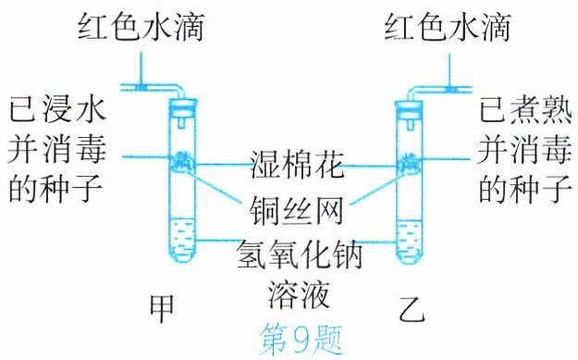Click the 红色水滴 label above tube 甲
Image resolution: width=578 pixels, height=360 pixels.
141,27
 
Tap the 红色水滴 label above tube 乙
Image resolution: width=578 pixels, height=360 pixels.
447,27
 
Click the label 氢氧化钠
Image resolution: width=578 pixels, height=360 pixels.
299,254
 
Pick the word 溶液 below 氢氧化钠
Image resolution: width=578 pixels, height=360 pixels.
298,294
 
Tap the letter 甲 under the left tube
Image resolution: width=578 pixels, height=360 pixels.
162,308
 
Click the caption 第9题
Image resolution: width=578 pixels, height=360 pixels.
301,340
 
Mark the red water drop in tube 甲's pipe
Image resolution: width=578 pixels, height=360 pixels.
141,87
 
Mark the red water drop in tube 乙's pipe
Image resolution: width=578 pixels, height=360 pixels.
449,89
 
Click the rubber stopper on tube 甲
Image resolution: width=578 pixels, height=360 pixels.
182,106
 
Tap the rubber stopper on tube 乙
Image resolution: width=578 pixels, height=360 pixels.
409,107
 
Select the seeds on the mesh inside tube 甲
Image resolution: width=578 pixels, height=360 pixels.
182,160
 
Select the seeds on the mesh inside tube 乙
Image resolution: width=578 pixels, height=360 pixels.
410,162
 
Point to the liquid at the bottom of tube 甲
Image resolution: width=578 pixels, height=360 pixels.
182,239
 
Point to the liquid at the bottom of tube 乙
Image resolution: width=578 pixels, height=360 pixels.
409,241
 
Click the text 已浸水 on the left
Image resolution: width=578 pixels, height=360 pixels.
57,109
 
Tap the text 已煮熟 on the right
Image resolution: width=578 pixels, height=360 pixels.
525,109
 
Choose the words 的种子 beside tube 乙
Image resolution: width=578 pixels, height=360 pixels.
525,189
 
